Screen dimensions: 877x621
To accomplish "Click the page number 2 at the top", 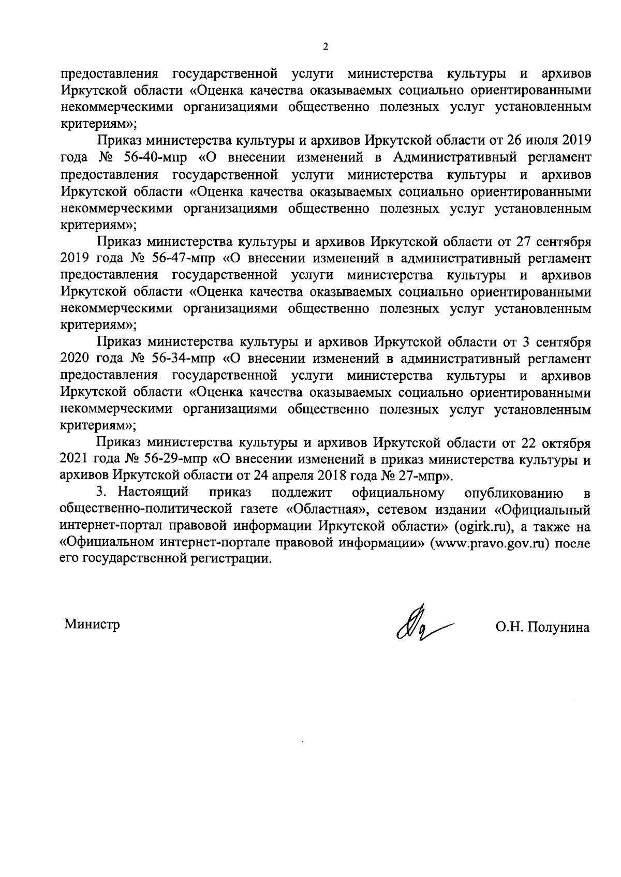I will (325, 47).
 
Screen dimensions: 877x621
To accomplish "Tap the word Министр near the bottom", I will (92, 624).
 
